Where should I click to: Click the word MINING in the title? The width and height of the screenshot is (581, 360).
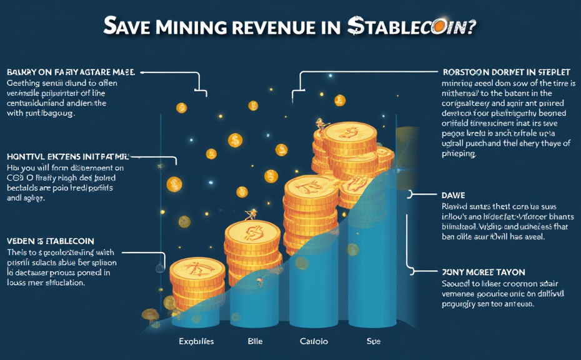pyautogui.click(x=177, y=27)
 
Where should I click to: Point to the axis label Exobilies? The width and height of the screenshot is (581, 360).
pyautogui.click(x=196, y=342)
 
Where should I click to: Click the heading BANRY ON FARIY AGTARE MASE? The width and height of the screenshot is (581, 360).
pyautogui.click(x=71, y=72)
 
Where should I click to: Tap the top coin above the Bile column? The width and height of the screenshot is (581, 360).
pyautogui.click(x=252, y=232)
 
